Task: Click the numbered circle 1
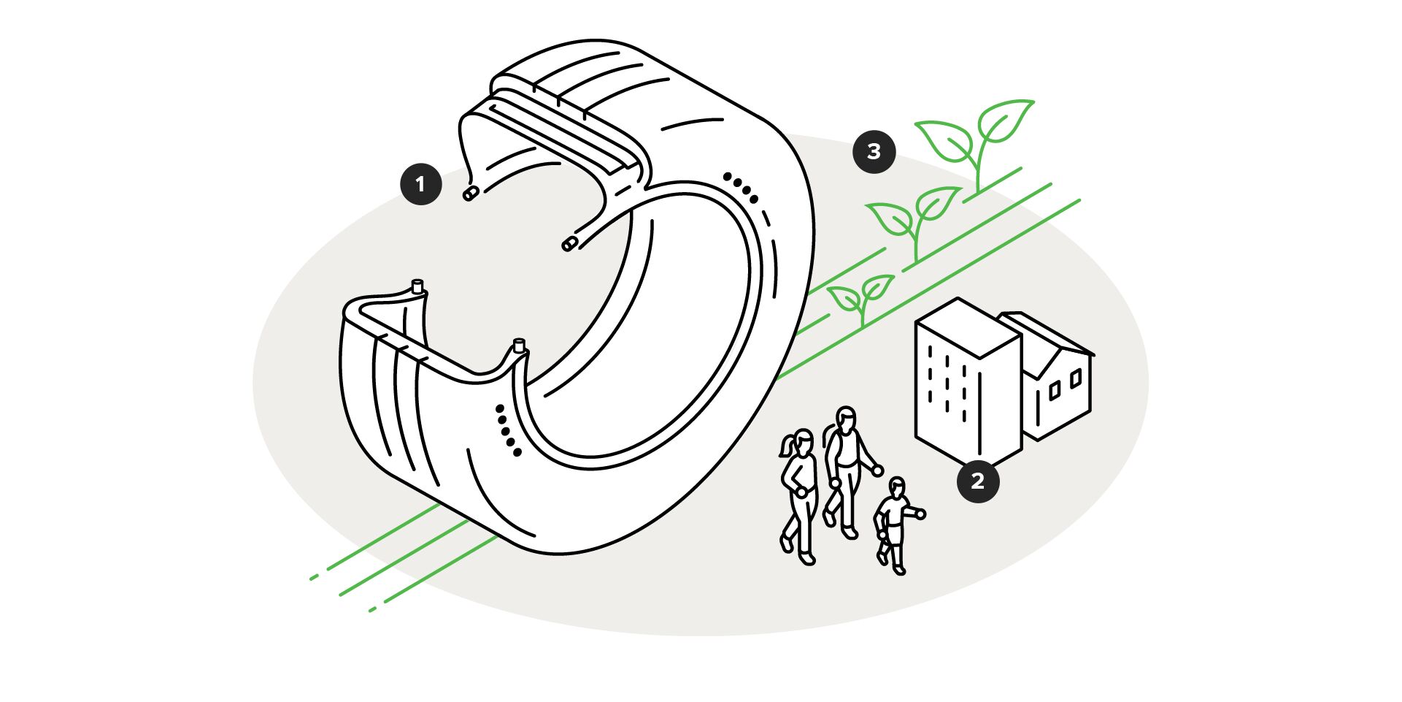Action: pos(421,183)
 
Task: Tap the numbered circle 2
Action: pos(978,481)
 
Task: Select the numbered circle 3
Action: pos(874,152)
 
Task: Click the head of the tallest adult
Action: pos(846,419)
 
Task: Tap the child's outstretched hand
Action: pos(920,514)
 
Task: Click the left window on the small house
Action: pos(1054,392)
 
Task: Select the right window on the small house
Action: pos(1075,378)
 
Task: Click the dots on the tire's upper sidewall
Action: pos(742,188)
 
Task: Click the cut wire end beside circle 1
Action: pos(471,194)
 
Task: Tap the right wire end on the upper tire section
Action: pos(569,244)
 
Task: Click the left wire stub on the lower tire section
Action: pos(417,286)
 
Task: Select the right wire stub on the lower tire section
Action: pos(520,345)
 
